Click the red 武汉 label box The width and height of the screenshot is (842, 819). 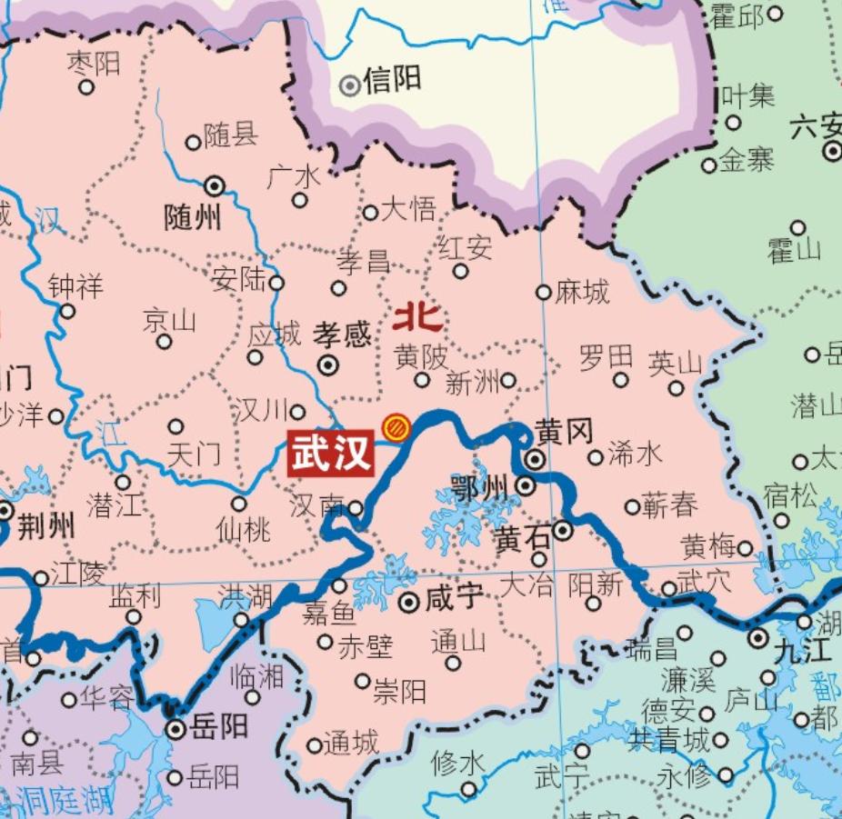[x=332, y=452]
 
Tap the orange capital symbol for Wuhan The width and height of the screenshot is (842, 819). [x=396, y=426]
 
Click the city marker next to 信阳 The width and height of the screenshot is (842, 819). [x=349, y=85]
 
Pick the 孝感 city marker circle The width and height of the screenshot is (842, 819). [x=328, y=365]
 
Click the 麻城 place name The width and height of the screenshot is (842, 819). [x=583, y=293]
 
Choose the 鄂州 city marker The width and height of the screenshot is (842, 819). [x=526, y=486]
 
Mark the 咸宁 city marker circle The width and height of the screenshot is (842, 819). [x=409, y=601]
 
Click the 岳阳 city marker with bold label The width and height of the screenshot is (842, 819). [x=176, y=729]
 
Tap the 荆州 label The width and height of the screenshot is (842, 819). [x=46, y=524]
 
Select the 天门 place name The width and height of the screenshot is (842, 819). [x=195, y=453]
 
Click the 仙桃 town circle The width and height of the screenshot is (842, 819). [x=239, y=504]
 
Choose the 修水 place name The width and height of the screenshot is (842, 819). [x=458, y=763]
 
